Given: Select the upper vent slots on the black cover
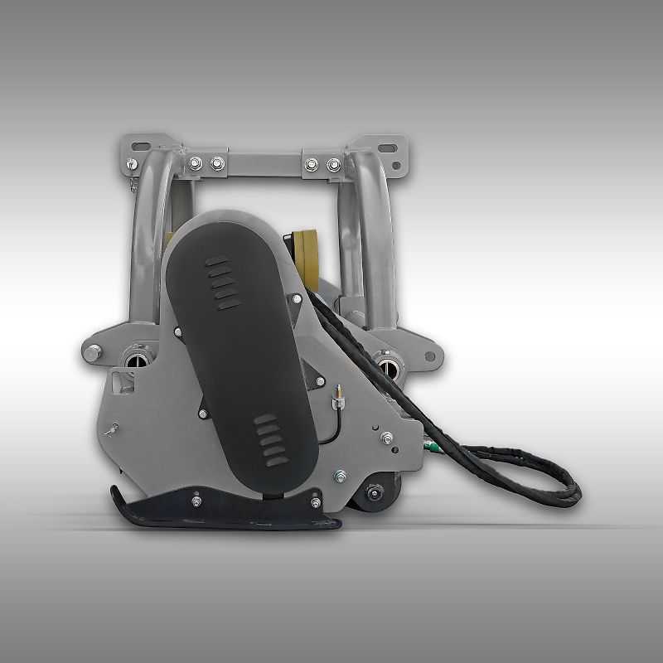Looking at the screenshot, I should point(221,283).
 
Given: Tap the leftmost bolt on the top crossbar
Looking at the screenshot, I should point(196,163).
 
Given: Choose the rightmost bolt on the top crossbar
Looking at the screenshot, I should point(334,164).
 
